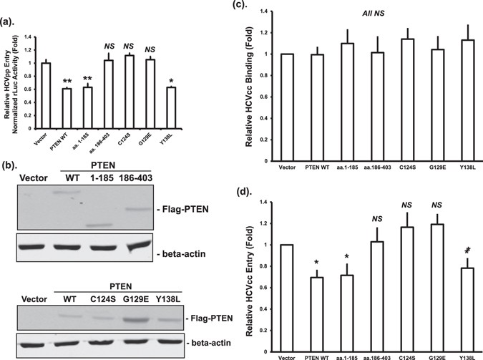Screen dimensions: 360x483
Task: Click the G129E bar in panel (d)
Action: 433,287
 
